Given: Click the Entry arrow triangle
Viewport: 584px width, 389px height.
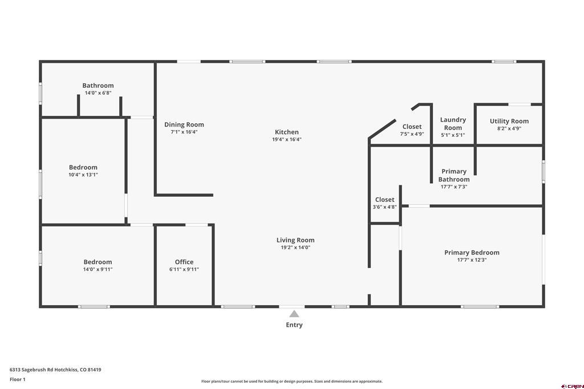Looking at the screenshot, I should coord(294,314).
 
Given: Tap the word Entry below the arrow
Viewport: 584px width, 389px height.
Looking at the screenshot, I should coord(294,325).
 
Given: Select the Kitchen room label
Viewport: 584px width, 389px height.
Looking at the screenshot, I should coord(286,132).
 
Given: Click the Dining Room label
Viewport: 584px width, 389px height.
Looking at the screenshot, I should coord(184,124).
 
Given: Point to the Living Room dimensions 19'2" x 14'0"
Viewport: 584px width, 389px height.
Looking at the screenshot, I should coord(295,248).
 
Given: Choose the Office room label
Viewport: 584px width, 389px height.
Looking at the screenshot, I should coord(184,262).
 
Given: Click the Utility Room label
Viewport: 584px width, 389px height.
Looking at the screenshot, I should coord(509,121).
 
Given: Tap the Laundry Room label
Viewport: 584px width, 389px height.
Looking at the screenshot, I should coord(453,124).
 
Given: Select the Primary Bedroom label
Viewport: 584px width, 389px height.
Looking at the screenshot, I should coord(472,253).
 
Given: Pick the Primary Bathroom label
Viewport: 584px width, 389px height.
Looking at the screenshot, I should coord(454,175).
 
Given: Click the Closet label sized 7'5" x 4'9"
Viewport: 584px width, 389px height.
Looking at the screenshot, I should coord(412,127).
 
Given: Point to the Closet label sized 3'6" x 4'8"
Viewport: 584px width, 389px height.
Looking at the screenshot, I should coord(384,200).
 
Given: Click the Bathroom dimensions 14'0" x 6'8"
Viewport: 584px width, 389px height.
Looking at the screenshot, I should coord(98,93).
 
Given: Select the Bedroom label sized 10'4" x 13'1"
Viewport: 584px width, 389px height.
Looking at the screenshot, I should coord(83,167).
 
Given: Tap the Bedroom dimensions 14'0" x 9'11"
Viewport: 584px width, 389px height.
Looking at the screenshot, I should coord(98,269).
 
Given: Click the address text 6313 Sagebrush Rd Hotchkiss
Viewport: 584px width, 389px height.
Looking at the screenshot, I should coord(55,370).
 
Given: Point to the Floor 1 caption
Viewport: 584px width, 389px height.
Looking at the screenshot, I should coord(18,379).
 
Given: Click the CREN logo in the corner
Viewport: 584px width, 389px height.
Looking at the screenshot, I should coord(572,386).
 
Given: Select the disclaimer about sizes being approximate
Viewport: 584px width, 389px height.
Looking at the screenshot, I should coord(291,382).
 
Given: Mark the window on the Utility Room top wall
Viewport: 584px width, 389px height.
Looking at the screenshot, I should coord(520,104).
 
